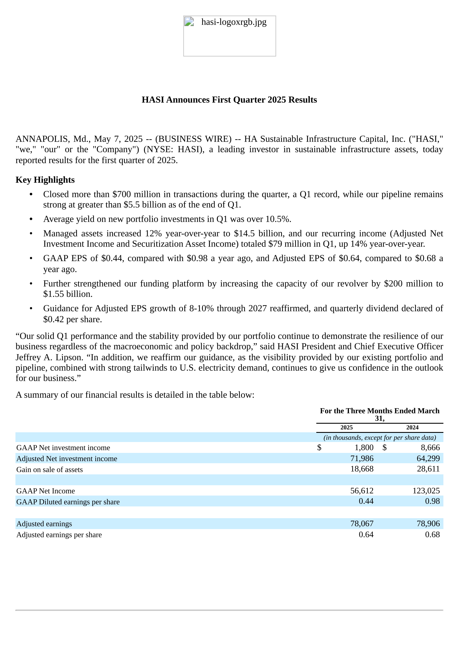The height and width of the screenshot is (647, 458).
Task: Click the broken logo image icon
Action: click(189, 22)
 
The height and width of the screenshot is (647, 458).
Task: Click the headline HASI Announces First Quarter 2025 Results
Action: click(229, 100)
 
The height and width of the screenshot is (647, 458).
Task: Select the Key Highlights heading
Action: click(45, 180)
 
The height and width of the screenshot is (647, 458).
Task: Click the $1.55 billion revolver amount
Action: click(68, 294)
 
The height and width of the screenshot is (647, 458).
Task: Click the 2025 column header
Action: click(346, 427)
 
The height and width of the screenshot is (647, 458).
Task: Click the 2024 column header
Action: click(412, 427)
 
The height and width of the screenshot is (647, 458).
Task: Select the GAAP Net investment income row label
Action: click(63, 448)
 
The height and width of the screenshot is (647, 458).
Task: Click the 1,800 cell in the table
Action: click(364, 447)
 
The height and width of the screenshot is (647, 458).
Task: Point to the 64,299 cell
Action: click(428, 458)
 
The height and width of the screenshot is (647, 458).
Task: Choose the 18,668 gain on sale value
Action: click(362, 469)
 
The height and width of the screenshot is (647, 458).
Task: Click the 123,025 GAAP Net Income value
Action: click(426, 491)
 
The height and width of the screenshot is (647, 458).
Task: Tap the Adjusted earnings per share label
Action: click(59, 535)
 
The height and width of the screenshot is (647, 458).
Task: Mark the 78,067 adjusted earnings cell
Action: click(362, 524)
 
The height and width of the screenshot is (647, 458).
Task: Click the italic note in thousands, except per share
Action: click(380, 437)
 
